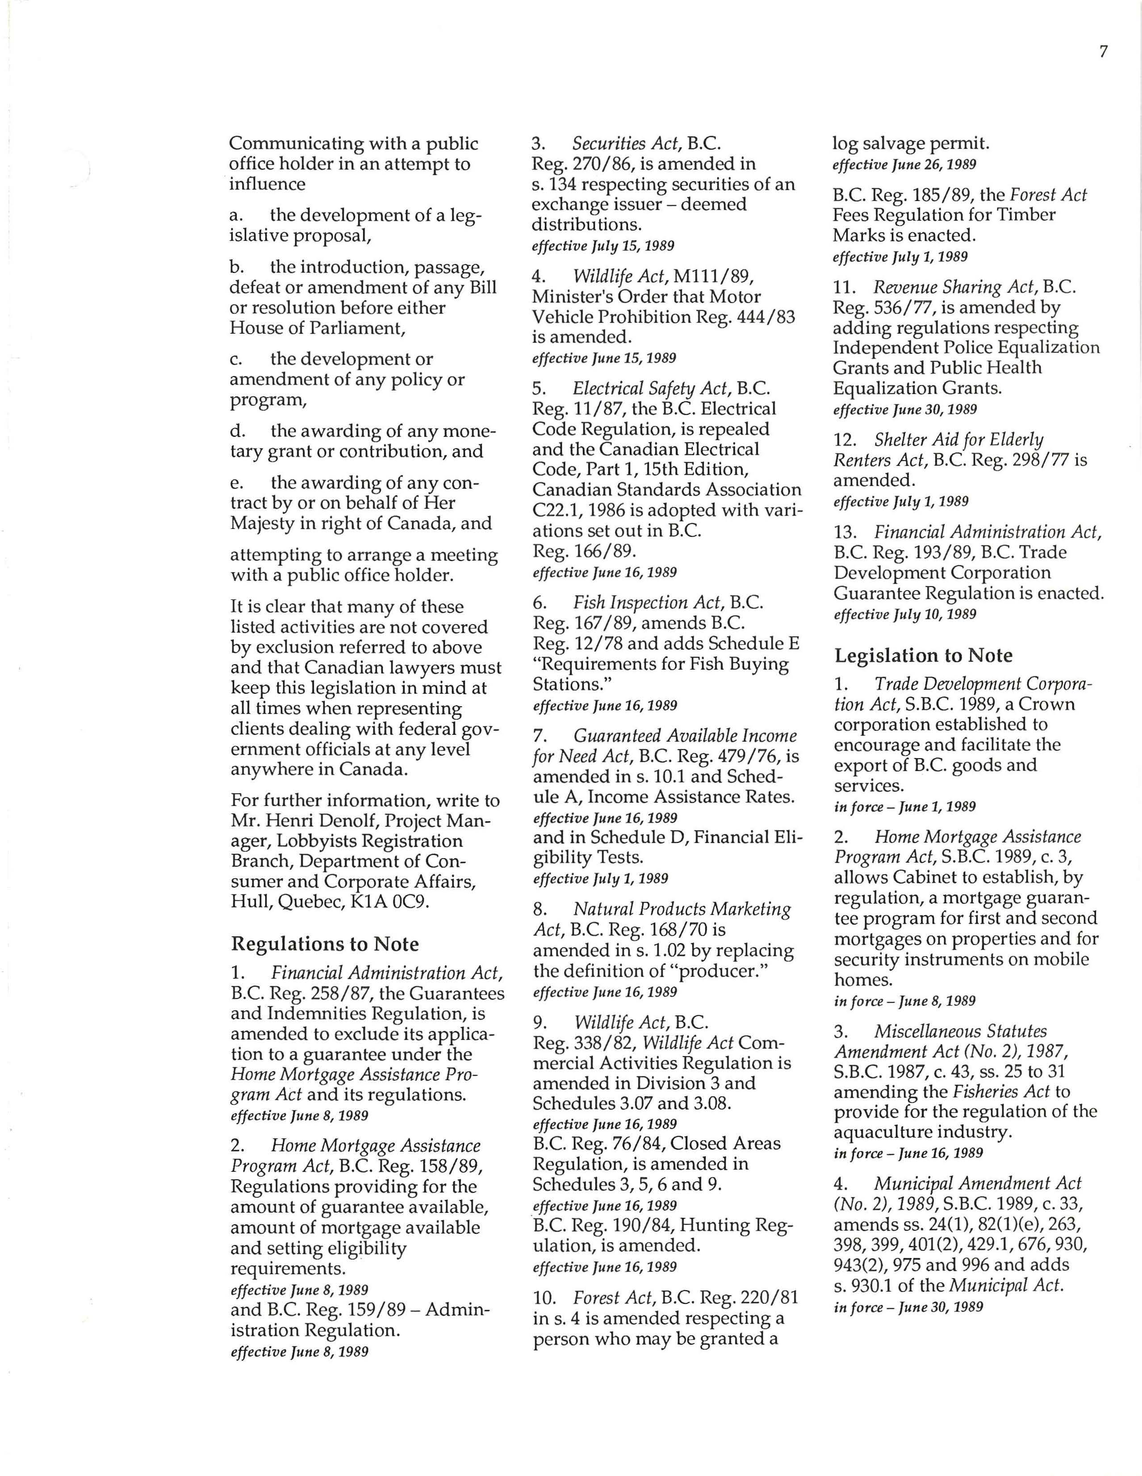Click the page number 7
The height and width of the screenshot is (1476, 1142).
[1103, 52]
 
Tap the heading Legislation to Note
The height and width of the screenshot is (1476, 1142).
[923, 655]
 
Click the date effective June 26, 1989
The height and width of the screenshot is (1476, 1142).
[904, 164]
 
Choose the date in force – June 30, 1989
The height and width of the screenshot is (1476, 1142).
[908, 1307]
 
